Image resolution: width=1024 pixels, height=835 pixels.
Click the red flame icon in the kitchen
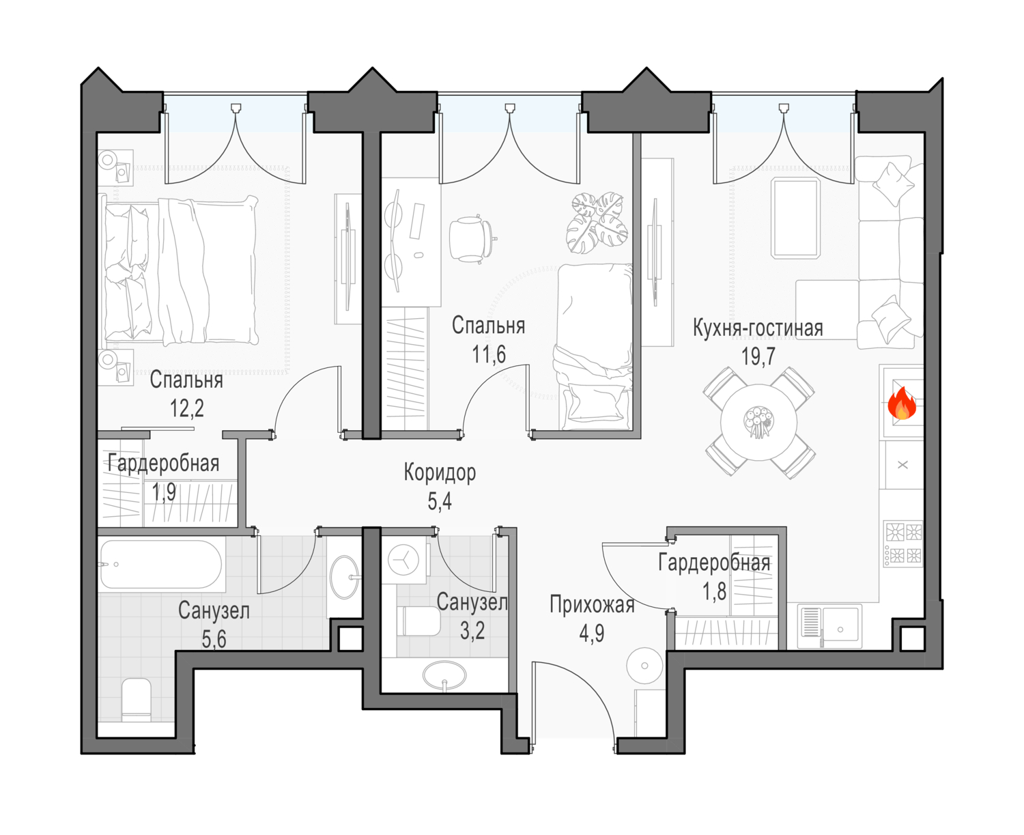tap(902, 403)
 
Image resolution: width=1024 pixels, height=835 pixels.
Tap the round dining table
tap(758, 422)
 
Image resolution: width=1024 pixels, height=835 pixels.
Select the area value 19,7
tap(758, 356)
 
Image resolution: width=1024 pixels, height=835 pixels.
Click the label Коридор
tap(440, 472)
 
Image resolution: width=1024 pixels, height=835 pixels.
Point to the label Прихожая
tap(592, 605)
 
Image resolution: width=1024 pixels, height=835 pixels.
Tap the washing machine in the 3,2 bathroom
tap(403, 560)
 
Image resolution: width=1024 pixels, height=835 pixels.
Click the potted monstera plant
tap(597, 223)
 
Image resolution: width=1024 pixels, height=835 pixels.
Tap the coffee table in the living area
tap(795, 218)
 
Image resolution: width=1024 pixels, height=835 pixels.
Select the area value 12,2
tap(186, 408)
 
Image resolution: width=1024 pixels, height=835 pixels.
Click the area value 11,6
tap(489, 354)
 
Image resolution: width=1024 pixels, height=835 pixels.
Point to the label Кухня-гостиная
tap(758, 328)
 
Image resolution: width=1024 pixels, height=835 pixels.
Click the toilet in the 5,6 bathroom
tap(136, 700)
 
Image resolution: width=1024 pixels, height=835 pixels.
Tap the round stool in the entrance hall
tap(644, 666)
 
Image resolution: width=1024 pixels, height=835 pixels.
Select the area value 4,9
tap(591, 634)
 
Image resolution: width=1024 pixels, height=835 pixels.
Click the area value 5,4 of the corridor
tap(440, 501)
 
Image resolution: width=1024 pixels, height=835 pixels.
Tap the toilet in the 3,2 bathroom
tap(418, 621)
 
